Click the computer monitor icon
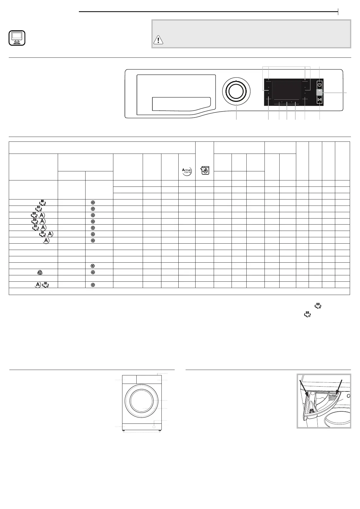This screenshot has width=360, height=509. coord(17,38)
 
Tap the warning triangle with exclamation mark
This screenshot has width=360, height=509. coord(158,40)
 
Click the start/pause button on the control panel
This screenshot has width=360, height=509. coord(319,100)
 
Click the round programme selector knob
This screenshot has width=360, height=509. coord(236,90)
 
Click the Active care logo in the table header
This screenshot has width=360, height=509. coord(187,171)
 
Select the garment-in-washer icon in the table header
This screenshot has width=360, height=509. coord(205,171)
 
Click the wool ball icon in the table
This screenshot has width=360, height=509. coord(40,272)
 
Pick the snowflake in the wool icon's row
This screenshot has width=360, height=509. coord(93,272)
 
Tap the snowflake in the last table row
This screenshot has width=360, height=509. coord(93,285)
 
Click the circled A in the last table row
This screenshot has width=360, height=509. coord(37,285)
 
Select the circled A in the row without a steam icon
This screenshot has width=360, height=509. coord(46,241)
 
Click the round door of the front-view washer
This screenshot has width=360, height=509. coord(142,400)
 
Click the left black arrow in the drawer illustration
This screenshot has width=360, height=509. coord(303,388)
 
